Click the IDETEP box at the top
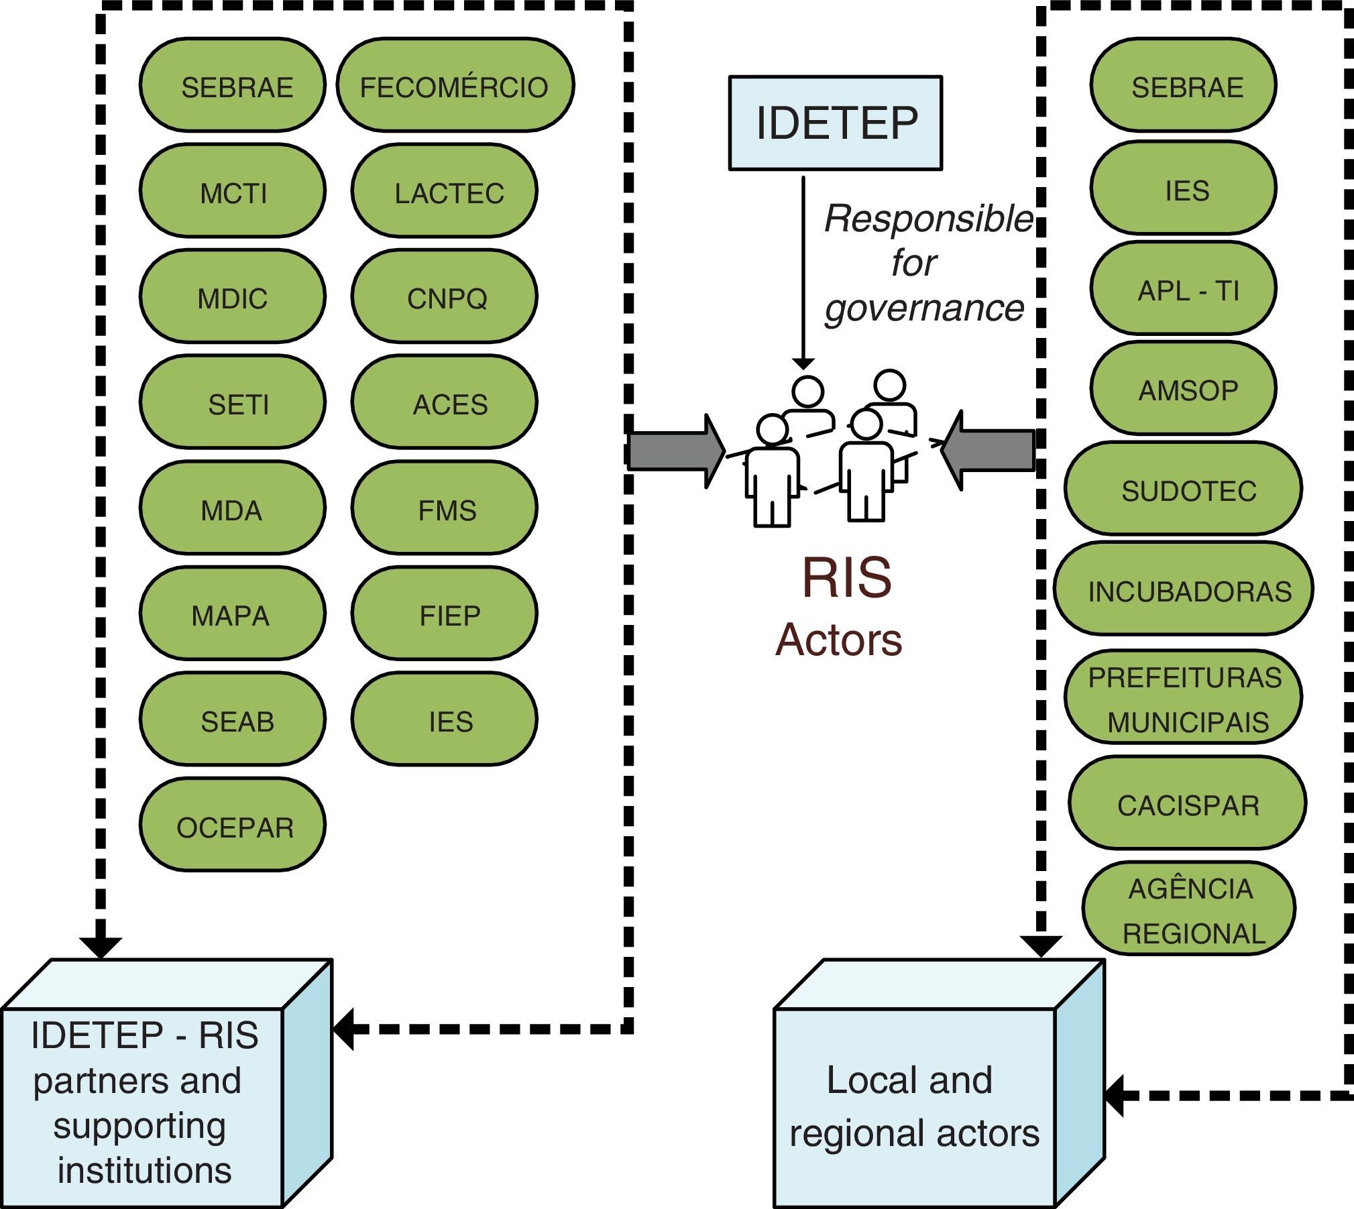pyautogui.click(x=836, y=123)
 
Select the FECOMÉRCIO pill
pyautogui.click(x=455, y=85)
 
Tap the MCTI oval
pyautogui.click(x=233, y=191)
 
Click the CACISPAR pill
pyautogui.click(x=1187, y=803)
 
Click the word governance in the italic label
pyautogui.click(x=924, y=308)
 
